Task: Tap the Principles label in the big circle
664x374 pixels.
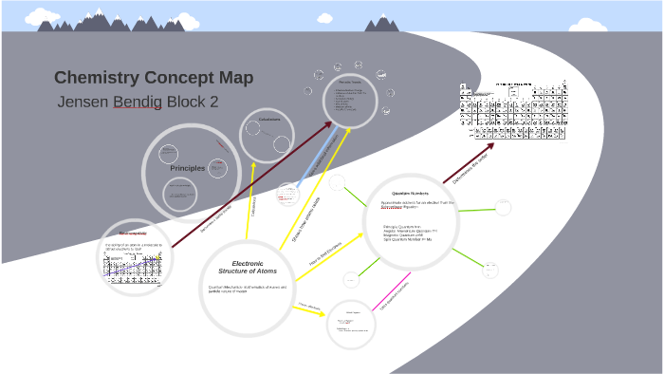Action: coord(188,168)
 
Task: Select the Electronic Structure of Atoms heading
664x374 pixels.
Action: coord(248,267)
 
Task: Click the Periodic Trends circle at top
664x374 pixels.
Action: coord(350,100)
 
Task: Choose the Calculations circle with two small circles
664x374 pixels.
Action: coord(268,135)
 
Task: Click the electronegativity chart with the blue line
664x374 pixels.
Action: coord(134,267)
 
